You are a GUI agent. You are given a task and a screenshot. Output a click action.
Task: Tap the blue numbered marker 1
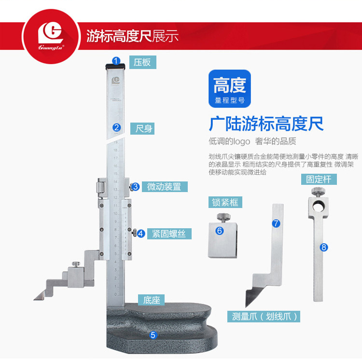tap(116, 61)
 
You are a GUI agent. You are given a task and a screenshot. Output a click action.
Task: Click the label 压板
tap(142, 62)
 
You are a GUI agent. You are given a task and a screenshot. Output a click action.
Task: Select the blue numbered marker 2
tap(116, 128)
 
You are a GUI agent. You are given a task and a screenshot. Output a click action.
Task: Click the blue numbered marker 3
tap(136, 186)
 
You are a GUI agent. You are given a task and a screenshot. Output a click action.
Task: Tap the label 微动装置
tap(164, 186)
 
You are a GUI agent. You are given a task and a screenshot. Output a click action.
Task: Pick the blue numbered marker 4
tap(140, 234)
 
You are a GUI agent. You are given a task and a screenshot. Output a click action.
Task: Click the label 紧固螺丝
tap(168, 234)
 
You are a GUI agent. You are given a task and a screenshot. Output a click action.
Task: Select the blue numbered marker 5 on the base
tap(153, 334)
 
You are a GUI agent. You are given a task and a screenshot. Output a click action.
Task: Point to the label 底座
tap(151, 300)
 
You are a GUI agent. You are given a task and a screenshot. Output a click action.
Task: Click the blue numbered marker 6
tap(220, 231)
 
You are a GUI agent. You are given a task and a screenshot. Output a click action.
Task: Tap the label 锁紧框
tap(224, 202)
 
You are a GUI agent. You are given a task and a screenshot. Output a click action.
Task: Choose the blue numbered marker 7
tap(276, 223)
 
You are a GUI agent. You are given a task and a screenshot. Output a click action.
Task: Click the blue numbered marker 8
tap(324, 247)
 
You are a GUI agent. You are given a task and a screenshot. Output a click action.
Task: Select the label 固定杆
tap(318, 179)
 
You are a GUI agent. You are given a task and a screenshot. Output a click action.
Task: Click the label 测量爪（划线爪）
tap(264, 317)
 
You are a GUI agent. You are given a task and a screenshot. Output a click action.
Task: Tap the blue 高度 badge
tap(230, 89)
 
